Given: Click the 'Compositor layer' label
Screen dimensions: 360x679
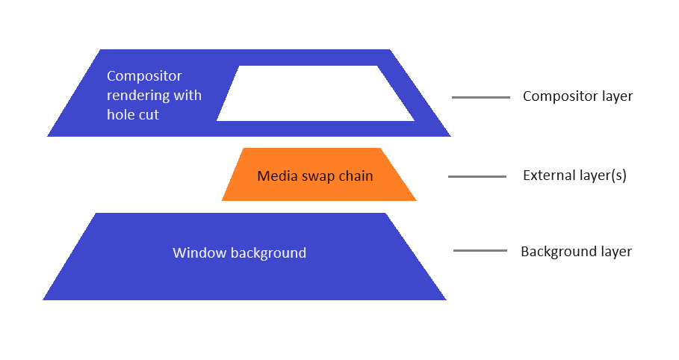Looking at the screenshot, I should tap(577, 96).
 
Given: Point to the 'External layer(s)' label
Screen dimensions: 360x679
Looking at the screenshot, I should tap(574, 176).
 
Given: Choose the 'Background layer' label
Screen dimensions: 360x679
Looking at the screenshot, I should tap(576, 251).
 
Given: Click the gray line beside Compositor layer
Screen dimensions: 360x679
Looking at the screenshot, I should tap(480, 97).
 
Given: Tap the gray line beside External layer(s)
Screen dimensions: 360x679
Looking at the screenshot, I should tap(477, 177).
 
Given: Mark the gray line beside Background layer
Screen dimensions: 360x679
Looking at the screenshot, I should tap(480, 251).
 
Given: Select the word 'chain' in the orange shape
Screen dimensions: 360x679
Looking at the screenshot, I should tap(356, 176).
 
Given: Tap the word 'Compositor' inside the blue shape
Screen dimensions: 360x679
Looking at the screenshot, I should tap(144, 76).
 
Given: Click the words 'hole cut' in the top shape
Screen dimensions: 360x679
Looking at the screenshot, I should tap(133, 115).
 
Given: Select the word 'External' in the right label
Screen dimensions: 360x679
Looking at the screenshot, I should tap(547, 176).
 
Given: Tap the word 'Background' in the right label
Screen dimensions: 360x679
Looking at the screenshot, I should tap(554, 251).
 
